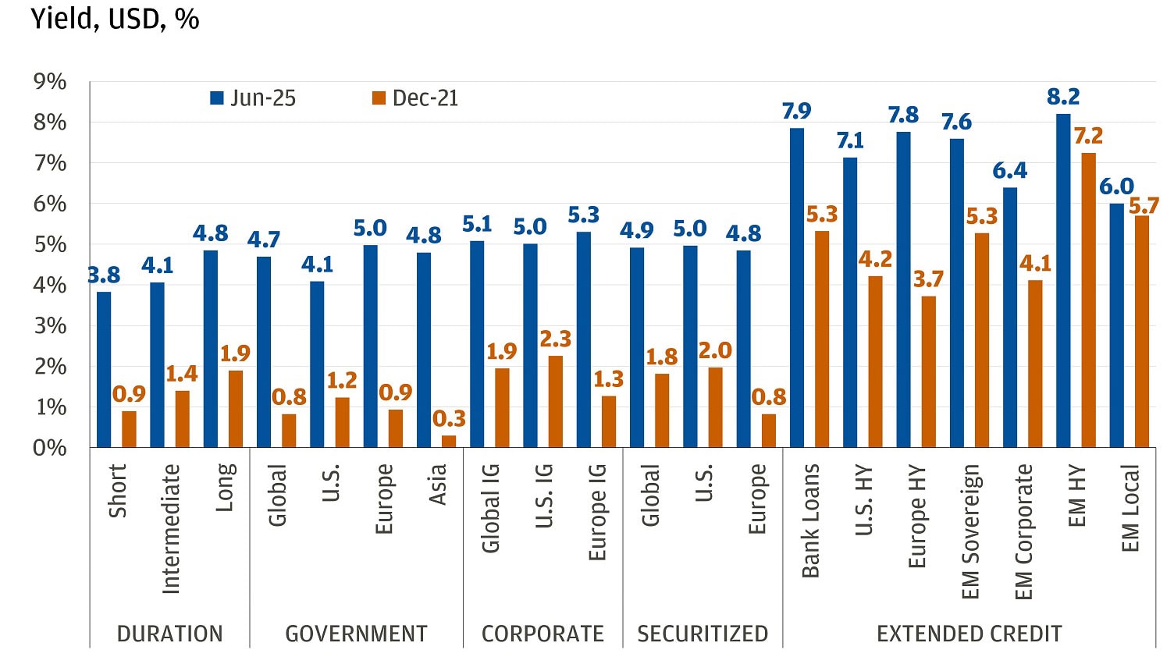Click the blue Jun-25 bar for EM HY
pos(1062,281)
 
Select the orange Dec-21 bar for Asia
pos(449,441)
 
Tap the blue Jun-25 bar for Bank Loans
pos(796,288)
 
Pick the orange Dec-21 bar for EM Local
pos(1142,332)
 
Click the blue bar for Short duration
pos(104,370)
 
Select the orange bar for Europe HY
pos(928,372)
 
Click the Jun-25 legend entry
pos(253,98)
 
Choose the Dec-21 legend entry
pos(415,98)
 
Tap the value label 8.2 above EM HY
pos(1062,98)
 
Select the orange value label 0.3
pos(449,419)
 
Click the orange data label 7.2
pos(1088,137)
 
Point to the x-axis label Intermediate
pos(171,528)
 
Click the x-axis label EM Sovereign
pos(970,531)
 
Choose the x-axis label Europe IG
pos(597,512)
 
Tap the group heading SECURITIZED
pos(703,634)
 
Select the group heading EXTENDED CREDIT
pos(969,634)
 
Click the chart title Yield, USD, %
pos(115,19)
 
